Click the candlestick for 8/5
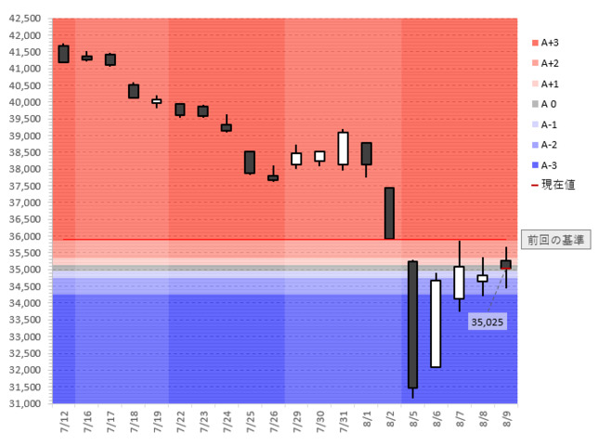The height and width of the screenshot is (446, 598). pos(412,324)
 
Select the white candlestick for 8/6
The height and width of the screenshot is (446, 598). pos(435,323)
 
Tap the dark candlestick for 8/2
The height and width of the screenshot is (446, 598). pos(389,213)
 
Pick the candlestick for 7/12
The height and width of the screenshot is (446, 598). pos(63,54)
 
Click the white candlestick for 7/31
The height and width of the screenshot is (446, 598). pos(343,148)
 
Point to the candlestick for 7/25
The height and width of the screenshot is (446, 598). pos(249,162)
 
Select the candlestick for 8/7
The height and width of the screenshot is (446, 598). pos(459,282)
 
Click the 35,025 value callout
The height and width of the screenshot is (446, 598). pos(487,321)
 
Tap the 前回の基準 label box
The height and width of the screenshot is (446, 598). pos(555,240)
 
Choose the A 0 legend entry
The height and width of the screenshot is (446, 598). pos(548,104)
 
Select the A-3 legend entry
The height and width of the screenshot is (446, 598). pos(548,165)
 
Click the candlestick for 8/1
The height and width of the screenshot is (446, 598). pos(366,153)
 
